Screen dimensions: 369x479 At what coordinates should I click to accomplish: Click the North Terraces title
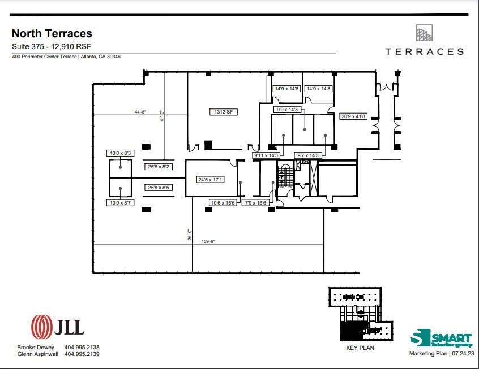(x=52, y=34)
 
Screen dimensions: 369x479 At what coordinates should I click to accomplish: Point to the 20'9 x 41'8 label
(x=353, y=117)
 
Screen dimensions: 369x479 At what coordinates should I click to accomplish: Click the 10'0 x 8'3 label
(x=119, y=153)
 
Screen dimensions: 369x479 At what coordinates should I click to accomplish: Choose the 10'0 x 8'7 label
(x=119, y=202)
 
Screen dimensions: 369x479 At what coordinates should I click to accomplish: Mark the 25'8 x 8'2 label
(x=160, y=167)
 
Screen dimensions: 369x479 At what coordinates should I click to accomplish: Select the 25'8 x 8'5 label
(x=160, y=188)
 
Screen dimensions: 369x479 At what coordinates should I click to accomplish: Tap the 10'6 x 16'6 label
(x=223, y=202)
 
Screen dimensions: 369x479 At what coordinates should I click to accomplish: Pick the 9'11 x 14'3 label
(x=266, y=155)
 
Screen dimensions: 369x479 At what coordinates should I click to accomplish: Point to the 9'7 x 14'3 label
(x=307, y=155)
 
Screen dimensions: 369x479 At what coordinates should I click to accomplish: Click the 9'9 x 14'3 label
(x=287, y=110)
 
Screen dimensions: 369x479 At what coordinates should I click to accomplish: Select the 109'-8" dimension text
(x=208, y=241)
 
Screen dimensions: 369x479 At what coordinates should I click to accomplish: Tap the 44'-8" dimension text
(x=140, y=112)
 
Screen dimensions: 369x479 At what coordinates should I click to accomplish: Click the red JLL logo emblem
(x=41, y=326)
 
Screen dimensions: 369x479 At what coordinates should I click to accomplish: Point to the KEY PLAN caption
(x=360, y=348)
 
